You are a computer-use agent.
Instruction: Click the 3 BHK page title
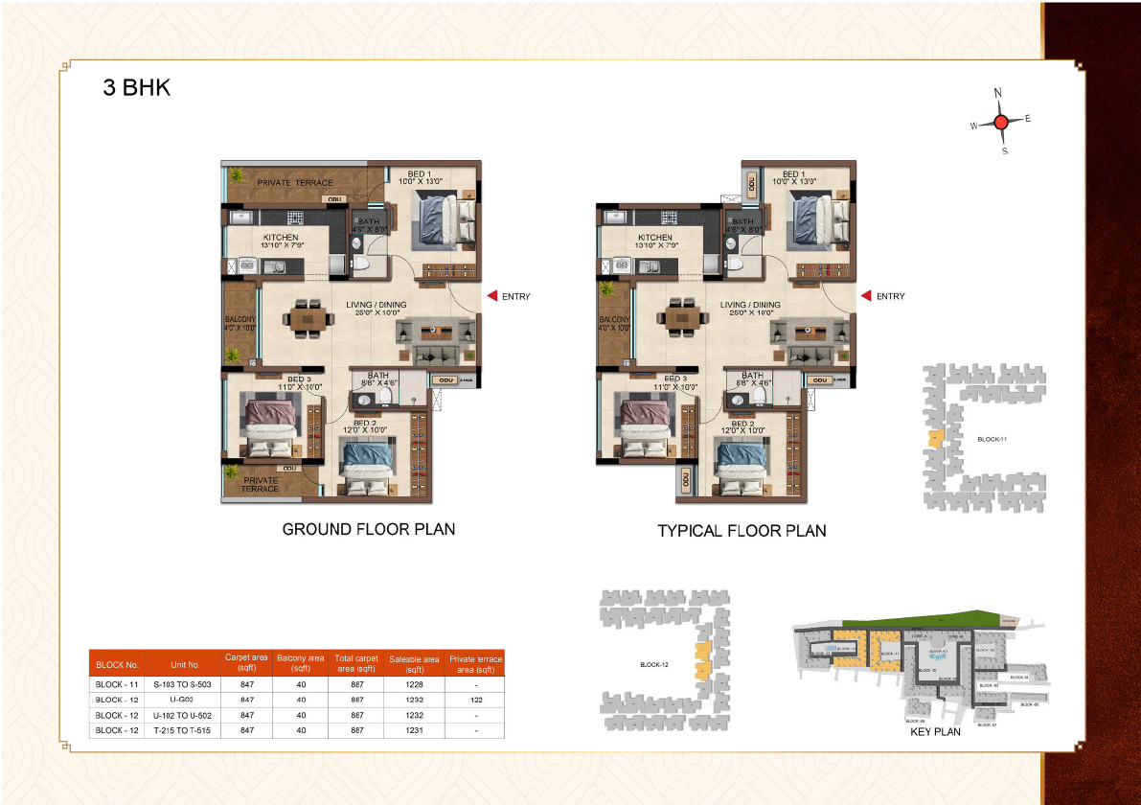137,88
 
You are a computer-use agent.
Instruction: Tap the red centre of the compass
1001,122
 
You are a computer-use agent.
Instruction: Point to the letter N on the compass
998,93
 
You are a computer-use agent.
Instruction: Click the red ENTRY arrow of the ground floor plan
491,296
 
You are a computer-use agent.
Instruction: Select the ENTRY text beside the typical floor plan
890,296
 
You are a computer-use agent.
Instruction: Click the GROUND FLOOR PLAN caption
368,529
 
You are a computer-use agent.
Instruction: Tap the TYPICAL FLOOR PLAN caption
742,531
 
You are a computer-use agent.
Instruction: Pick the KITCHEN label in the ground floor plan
282,237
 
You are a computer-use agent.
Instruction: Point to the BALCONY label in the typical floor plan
613,320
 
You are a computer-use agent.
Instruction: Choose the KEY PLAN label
934,731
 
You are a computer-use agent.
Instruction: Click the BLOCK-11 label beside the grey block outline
993,439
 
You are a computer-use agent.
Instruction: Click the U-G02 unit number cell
185,701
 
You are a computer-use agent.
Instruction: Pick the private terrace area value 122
475,701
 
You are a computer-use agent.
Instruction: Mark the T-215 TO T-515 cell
185,731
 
